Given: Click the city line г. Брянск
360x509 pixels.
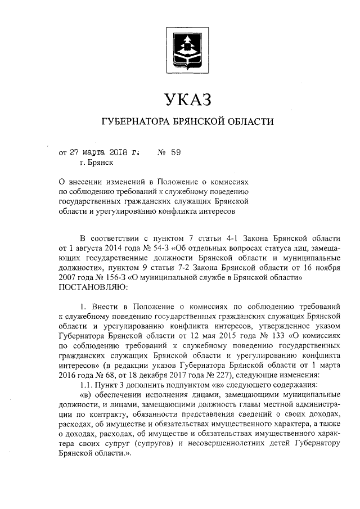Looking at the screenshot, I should tap(96, 163).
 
